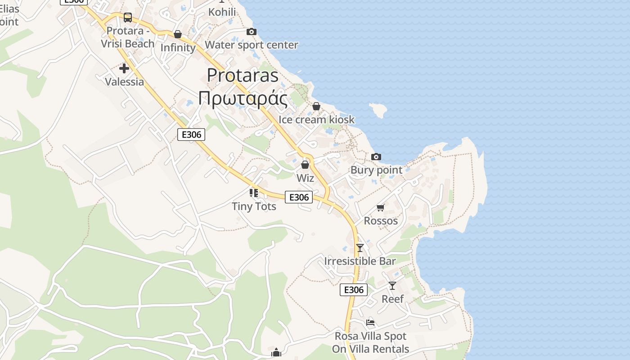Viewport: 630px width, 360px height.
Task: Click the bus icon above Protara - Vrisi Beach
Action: coord(128,18)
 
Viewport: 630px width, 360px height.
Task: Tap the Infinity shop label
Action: coord(178,48)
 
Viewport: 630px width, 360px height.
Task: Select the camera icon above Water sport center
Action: coord(252,31)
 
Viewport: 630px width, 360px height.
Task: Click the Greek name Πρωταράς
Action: coord(243,98)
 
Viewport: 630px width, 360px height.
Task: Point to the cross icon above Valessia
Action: coord(124,68)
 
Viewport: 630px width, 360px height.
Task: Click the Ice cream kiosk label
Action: coord(316,120)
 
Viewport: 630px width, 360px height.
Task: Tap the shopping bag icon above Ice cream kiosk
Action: coord(316,106)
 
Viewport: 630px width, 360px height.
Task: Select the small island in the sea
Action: coord(378,109)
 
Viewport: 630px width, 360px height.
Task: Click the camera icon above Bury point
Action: coord(376,157)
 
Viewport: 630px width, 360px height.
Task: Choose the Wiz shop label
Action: coord(305,178)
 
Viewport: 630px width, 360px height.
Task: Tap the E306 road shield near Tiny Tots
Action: coord(299,197)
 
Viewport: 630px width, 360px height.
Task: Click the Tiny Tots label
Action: coord(254,207)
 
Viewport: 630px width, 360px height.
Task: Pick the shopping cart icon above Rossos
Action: coord(381,207)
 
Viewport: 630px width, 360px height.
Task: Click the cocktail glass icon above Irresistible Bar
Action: coord(360,247)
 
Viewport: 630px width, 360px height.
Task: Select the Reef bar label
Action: coord(392,299)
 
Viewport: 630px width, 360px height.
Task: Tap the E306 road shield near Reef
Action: coord(353,290)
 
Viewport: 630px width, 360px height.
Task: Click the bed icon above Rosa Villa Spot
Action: coord(370,322)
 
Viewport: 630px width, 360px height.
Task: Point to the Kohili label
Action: coord(222,12)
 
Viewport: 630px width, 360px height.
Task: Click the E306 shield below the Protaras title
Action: coord(191,134)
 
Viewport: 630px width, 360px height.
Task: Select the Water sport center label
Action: coord(251,45)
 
